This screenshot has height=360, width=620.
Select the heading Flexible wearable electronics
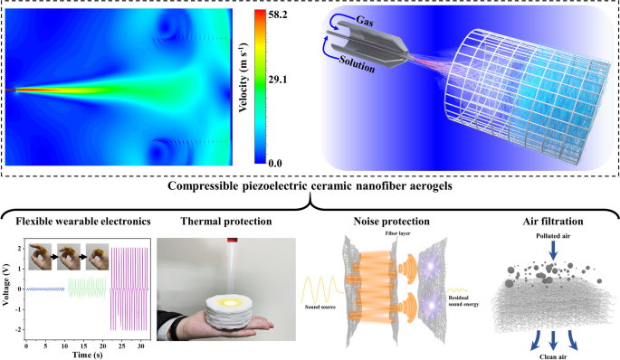[x=75, y=220]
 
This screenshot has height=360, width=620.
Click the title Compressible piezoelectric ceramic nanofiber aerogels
[x=310, y=187]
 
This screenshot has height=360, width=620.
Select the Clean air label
[x=544, y=354]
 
